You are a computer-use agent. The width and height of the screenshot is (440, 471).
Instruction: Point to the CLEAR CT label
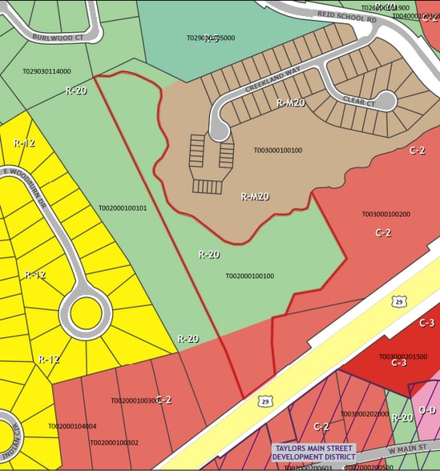(x=358, y=103)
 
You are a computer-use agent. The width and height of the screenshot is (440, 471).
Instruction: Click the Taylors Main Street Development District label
(x=313, y=453)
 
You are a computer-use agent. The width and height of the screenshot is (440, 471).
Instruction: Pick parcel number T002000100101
(x=123, y=208)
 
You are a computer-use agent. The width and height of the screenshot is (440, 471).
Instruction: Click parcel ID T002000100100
(x=249, y=276)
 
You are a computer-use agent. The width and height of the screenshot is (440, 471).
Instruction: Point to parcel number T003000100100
(x=277, y=150)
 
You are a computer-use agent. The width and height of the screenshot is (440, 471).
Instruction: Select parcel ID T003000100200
(x=386, y=215)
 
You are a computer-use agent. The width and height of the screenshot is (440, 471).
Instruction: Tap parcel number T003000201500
(x=403, y=356)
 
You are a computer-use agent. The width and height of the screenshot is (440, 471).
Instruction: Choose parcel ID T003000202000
(x=365, y=414)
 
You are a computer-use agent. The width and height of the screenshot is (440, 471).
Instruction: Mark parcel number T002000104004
(x=72, y=426)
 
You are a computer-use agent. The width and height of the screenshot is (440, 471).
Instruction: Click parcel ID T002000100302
(x=114, y=442)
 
